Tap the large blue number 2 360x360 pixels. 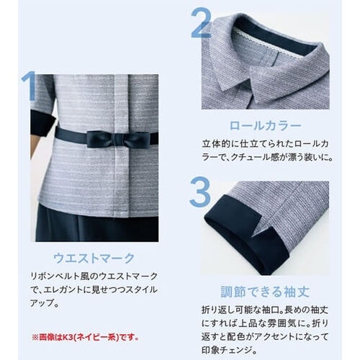tap(201, 23)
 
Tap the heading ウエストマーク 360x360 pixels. tap(94, 258)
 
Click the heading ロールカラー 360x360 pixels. tap(266, 126)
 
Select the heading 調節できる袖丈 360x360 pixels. tap(265, 292)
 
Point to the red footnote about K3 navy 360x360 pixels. tap(85, 338)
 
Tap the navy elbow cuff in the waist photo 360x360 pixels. tap(40, 123)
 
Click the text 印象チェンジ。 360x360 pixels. tap(230, 350)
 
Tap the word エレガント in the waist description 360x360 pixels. tap(63, 290)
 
